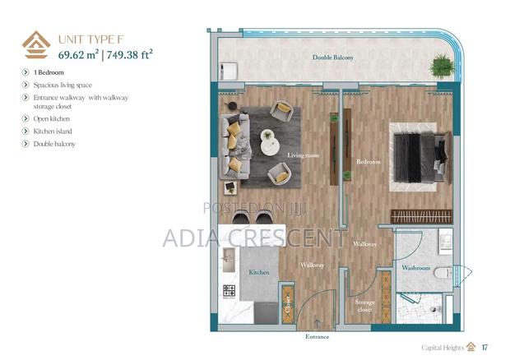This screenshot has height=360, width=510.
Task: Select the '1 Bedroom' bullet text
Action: point(50,73)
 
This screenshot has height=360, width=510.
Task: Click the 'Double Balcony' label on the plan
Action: point(333,58)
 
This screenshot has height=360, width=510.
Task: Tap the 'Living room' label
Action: point(302,155)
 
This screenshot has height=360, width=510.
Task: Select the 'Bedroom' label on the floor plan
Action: point(368,162)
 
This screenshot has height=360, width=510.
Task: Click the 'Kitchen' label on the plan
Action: point(259,272)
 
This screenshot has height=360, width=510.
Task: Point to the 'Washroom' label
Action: point(415,268)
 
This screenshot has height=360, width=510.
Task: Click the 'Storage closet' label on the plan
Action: point(364,306)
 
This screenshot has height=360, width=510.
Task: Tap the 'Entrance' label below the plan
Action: point(317,336)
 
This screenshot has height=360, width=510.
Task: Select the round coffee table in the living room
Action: point(269,141)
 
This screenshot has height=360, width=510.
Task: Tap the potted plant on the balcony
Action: point(443,65)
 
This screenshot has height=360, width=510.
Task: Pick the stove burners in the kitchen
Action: point(229,291)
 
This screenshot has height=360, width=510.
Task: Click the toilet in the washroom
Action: point(443,272)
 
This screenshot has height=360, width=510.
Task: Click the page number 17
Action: point(484,346)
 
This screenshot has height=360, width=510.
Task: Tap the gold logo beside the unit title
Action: point(35,45)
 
